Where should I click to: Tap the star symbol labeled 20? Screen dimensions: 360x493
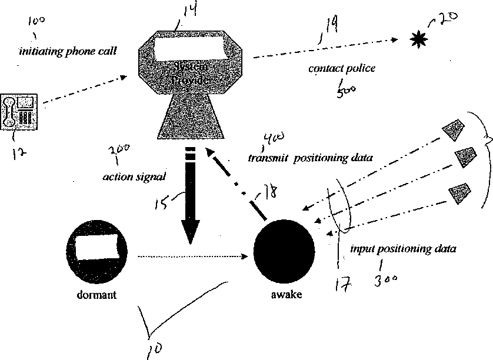click(x=417, y=39)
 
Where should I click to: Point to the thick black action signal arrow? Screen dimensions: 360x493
click(x=189, y=200)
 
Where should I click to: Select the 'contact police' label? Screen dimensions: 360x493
click(x=342, y=69)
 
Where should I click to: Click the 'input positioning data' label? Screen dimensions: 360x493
click(x=403, y=249)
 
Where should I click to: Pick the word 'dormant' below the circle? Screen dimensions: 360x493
click(x=97, y=295)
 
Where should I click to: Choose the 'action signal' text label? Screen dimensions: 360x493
click(x=125, y=176)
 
